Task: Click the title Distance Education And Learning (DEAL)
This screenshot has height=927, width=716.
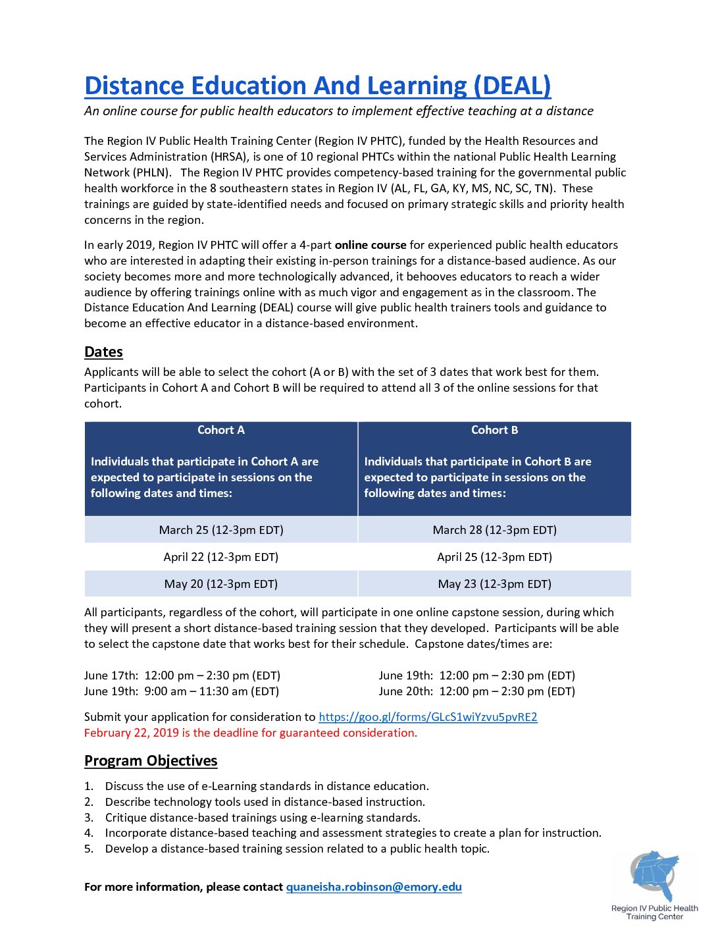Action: [x=317, y=86]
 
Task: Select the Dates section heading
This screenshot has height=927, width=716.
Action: [x=103, y=352]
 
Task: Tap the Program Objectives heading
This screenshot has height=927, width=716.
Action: [x=151, y=760]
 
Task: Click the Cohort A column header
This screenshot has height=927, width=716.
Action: [x=221, y=430]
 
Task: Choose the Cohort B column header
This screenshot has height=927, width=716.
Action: [x=494, y=430]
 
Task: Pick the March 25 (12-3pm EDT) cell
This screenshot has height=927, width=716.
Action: [x=221, y=530]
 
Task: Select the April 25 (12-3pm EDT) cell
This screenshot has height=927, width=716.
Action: [x=494, y=557]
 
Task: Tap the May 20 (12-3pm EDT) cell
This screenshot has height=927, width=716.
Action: [x=221, y=584]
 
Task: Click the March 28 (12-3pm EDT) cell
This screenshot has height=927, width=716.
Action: [x=494, y=530]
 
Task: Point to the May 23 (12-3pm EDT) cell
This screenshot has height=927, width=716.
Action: [x=494, y=584]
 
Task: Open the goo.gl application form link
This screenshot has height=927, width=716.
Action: [x=428, y=717]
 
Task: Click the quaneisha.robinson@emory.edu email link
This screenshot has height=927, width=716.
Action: [x=374, y=887]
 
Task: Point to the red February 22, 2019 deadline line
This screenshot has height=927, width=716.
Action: [x=250, y=733]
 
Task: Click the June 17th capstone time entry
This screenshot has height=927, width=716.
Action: [x=182, y=675]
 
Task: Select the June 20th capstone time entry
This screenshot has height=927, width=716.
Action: [x=476, y=691]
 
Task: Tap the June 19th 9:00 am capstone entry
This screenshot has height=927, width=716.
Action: [x=182, y=691]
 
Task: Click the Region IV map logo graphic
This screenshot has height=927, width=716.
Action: [x=654, y=876]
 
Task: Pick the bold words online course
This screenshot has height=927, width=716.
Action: [x=371, y=245]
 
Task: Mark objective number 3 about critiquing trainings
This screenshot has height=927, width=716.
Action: [x=262, y=818]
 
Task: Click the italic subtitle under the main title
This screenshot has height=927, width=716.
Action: [x=338, y=111]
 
